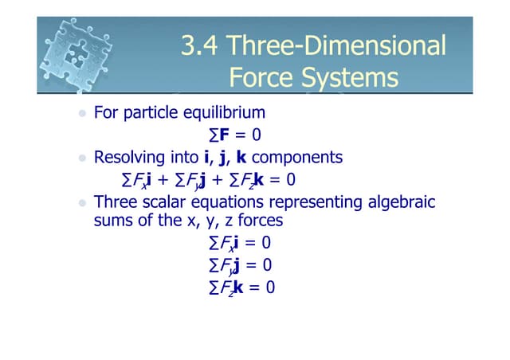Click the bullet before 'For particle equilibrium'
tap(81, 115)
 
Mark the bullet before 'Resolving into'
tap(81, 158)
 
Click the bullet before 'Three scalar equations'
tap(81, 203)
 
